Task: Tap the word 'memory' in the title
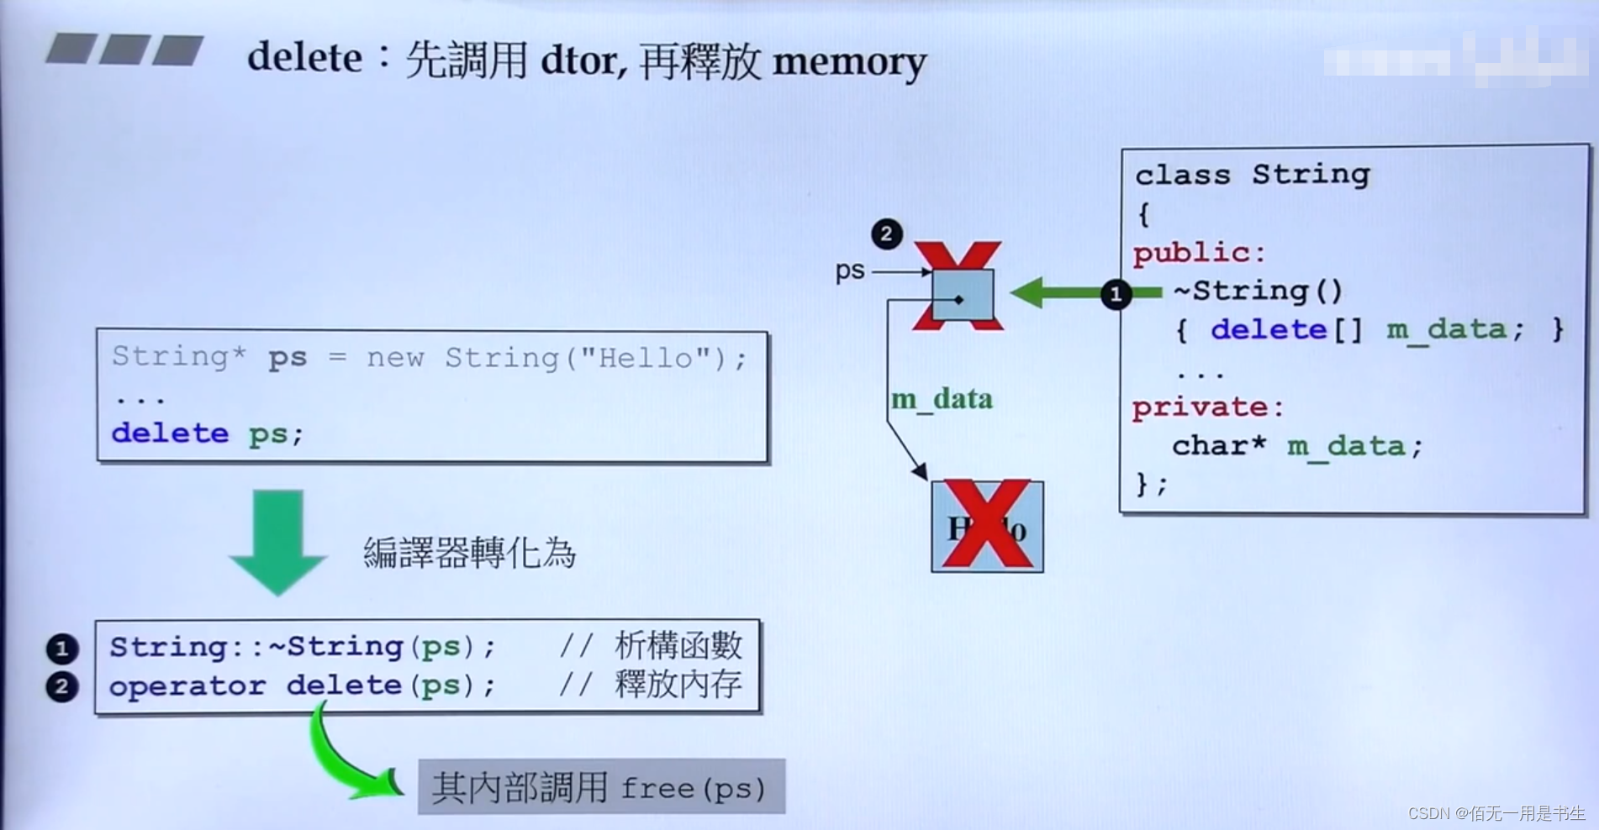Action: click(x=848, y=62)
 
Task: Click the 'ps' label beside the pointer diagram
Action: click(x=850, y=271)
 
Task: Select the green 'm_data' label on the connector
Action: click(x=942, y=399)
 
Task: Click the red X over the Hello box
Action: click(x=988, y=525)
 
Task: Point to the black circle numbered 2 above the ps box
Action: click(x=886, y=234)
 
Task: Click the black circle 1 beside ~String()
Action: click(x=1116, y=294)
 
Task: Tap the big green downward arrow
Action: click(x=277, y=542)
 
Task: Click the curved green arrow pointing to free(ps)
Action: click(x=345, y=760)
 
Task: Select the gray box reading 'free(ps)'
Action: click(x=601, y=787)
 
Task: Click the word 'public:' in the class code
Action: click(x=1199, y=253)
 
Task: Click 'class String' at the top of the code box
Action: click(x=1252, y=175)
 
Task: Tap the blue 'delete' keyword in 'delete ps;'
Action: click(x=170, y=433)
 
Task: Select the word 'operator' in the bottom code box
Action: click(x=187, y=686)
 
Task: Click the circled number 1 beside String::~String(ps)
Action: click(x=61, y=649)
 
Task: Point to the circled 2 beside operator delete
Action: click(x=61, y=686)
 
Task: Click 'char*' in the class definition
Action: click(x=1218, y=445)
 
